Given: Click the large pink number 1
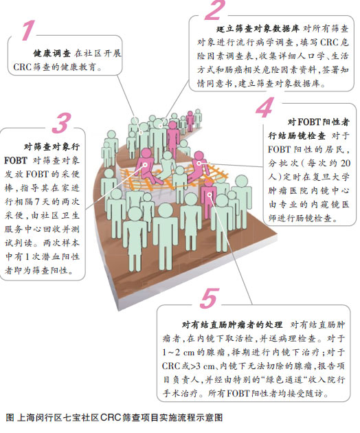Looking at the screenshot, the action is (28, 30).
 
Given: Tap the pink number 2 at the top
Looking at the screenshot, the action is (215, 10).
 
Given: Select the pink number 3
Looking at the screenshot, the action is (62, 123).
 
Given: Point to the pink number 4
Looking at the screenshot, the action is (265, 107).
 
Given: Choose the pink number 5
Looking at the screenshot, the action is (210, 298).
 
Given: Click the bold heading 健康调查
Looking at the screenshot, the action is (52, 54).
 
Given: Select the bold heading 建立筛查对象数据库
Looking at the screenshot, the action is (258, 29).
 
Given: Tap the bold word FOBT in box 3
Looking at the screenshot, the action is (16, 160).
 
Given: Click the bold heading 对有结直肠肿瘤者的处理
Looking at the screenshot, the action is (232, 324).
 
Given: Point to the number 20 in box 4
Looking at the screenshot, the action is (345, 163).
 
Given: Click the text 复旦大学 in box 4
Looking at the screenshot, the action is (331, 177).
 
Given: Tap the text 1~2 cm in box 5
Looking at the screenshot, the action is (179, 353).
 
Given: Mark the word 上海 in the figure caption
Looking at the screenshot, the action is (26, 417).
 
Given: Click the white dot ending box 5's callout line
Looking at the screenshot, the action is (210, 195).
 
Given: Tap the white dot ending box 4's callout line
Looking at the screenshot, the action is (199, 163).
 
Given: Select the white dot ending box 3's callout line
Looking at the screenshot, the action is (145, 165).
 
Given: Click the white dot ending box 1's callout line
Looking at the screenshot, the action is (141, 132).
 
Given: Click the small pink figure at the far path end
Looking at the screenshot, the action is (190, 121).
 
